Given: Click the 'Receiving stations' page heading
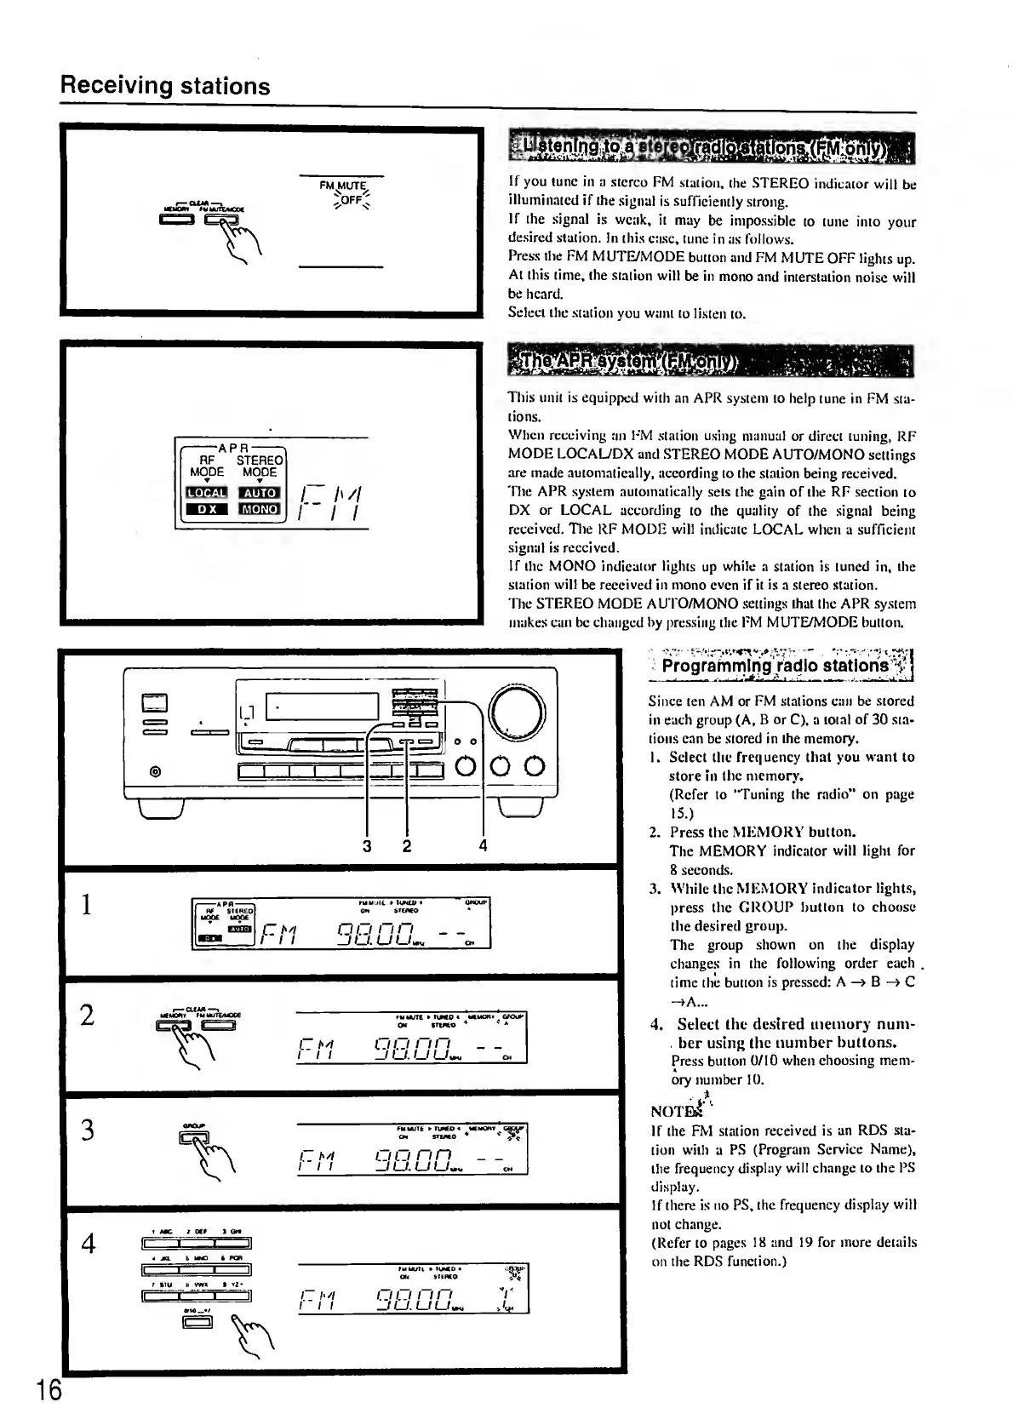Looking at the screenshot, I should pyautogui.click(x=165, y=86).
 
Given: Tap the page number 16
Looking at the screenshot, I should pyautogui.click(x=49, y=1390).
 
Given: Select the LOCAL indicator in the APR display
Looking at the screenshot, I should pyautogui.click(x=207, y=492).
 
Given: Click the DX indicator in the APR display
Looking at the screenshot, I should pyautogui.click(x=207, y=509).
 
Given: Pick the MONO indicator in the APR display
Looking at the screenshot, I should pyautogui.click(x=260, y=509).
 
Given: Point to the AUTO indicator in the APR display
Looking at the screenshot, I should pyautogui.click(x=260, y=492).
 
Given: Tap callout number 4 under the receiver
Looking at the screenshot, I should pyautogui.click(x=484, y=845).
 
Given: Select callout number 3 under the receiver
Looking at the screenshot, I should pyautogui.click(x=367, y=845).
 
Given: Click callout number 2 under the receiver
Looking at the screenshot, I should pyautogui.click(x=407, y=845).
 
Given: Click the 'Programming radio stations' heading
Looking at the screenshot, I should pyautogui.click(x=774, y=665).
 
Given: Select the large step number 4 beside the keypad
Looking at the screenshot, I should pyautogui.click(x=88, y=1244).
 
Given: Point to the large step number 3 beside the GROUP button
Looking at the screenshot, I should pyautogui.click(x=87, y=1130).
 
